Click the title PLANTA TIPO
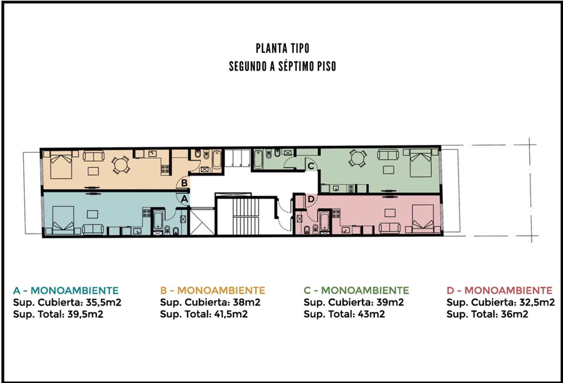[x=282, y=49]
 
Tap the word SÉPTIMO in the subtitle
[x=296, y=66]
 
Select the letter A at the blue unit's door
[x=184, y=199]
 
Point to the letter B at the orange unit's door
[x=184, y=183]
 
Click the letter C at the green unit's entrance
[x=311, y=166]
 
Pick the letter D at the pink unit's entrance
[x=311, y=199]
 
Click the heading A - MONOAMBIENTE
[x=66, y=290]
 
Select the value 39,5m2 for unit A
[x=85, y=314]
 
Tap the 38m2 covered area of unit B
[x=247, y=302]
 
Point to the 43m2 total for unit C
[x=371, y=314]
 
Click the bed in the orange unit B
[x=61, y=165]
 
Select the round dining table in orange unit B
[x=121, y=165]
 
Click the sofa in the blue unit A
[x=93, y=229]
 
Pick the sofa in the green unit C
[x=388, y=154]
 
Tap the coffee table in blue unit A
[x=92, y=214]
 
